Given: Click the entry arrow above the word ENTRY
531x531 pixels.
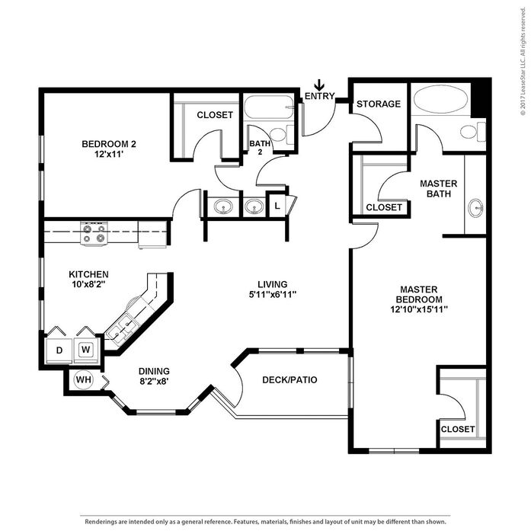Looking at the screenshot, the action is click(319, 85).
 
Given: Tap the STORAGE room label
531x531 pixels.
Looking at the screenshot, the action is click(379, 104).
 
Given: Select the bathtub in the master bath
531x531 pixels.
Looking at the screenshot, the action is click(440, 99).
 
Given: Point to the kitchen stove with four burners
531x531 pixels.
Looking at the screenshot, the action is click(94, 233).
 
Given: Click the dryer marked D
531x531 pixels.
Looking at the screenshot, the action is click(59, 350).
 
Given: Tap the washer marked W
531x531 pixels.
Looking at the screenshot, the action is click(86, 350).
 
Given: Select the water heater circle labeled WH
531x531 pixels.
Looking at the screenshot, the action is click(83, 379).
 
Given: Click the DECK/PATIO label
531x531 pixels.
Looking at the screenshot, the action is click(289, 380).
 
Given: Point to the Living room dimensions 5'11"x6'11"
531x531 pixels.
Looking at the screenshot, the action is click(273, 294).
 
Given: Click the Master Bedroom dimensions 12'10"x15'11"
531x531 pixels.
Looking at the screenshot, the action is click(419, 309).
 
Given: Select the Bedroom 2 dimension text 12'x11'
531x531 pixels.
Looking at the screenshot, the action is click(109, 154).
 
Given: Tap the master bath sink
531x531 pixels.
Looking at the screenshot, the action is click(476, 207).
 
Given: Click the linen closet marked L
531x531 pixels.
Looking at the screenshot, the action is click(277, 206).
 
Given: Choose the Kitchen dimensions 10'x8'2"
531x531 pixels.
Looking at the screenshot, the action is click(88, 284).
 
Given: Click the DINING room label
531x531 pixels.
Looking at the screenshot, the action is click(154, 371).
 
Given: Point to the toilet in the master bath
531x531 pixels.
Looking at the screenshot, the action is click(473, 131).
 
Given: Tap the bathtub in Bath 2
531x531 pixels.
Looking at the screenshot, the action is click(269, 107).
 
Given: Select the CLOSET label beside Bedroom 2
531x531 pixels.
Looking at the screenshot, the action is click(215, 115).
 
